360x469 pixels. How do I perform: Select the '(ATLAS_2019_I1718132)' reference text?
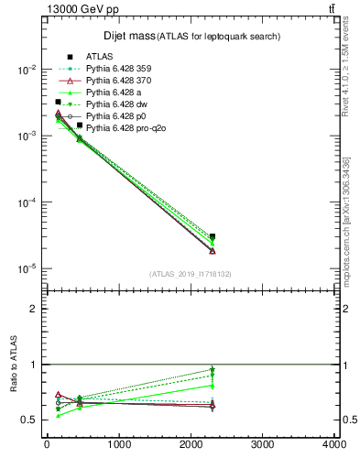click(x=190, y=274)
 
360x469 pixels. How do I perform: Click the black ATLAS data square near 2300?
click(x=213, y=236)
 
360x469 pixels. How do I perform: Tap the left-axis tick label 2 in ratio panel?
click(x=32, y=309)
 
